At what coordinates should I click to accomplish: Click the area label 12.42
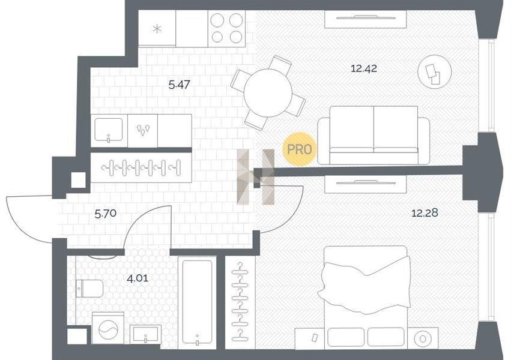[x=364, y=68]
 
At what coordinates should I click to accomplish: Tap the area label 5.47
[x=180, y=85]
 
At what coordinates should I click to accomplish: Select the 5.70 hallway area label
[x=106, y=214]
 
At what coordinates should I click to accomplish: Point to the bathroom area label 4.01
[x=137, y=278]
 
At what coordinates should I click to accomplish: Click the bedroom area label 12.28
[x=425, y=213]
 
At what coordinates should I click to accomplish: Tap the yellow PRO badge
[x=299, y=149]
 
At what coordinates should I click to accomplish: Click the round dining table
[x=268, y=93]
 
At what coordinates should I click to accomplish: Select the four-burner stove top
[x=226, y=28]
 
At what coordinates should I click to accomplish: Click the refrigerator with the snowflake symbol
[x=157, y=29]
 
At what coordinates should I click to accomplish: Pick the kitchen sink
[x=109, y=131]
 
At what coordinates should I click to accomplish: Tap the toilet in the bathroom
[x=89, y=288]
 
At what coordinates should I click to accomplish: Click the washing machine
[x=108, y=328]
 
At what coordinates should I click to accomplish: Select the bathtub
[x=197, y=302]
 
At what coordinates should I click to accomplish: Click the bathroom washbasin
[x=145, y=334]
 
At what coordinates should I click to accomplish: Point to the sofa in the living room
[x=374, y=135]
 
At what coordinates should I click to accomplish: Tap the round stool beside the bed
[x=423, y=338]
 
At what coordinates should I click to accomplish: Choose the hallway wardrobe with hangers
[x=141, y=167]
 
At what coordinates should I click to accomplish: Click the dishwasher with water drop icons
[x=143, y=131]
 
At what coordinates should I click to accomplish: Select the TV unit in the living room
[x=365, y=19]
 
